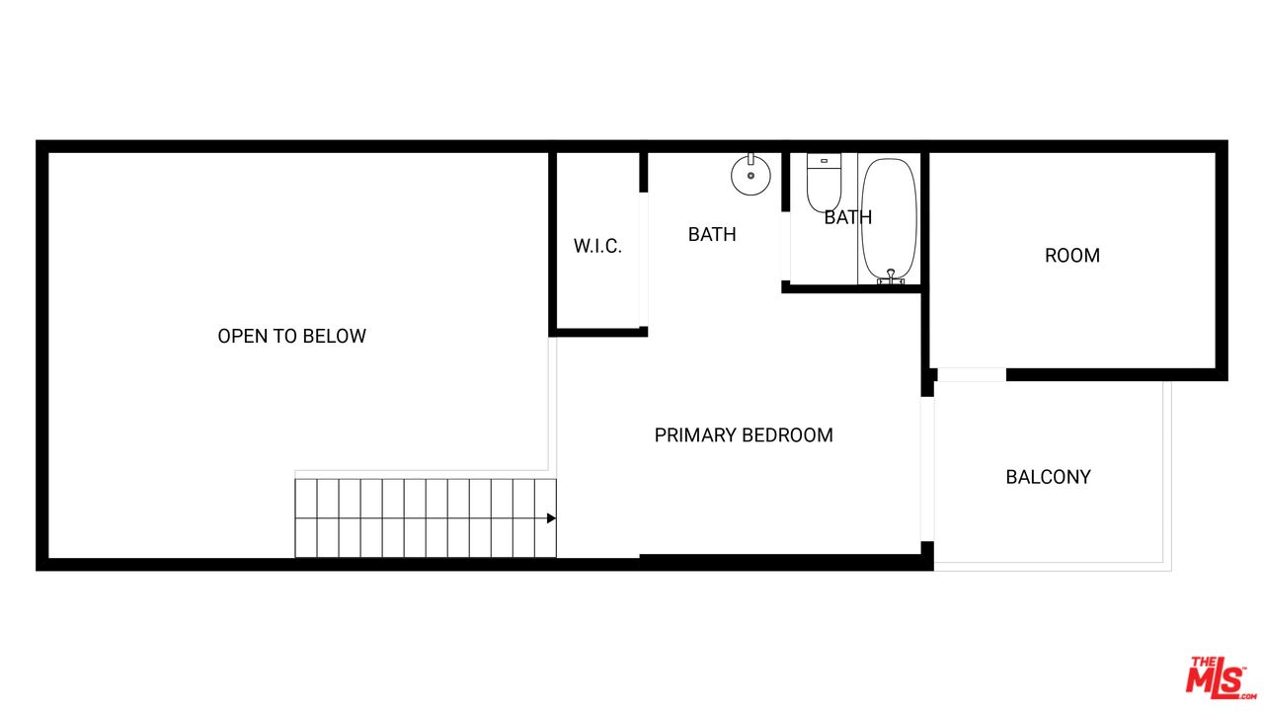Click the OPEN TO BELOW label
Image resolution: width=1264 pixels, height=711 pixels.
pyautogui.click(x=291, y=337)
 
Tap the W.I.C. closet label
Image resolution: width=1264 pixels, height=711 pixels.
pyautogui.click(x=597, y=246)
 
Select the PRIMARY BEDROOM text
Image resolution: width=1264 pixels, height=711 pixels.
pyautogui.click(x=744, y=435)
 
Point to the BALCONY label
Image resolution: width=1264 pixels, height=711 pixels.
pyautogui.click(x=1048, y=477)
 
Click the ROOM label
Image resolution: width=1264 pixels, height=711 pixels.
pyautogui.click(x=1072, y=256)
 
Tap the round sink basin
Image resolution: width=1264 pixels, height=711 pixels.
pyautogui.click(x=751, y=176)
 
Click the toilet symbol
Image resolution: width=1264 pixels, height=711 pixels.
pyautogui.click(x=824, y=183)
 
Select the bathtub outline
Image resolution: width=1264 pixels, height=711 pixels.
pyautogui.click(x=889, y=220)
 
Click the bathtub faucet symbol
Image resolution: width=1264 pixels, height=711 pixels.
pyautogui.click(x=891, y=277)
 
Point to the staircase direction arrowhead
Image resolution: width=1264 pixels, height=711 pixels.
pyautogui.click(x=551, y=518)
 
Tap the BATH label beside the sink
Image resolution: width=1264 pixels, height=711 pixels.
pyautogui.click(x=712, y=234)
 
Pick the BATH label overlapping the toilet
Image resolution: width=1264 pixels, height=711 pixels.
pyautogui.click(x=847, y=217)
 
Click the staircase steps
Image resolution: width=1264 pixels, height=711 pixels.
pyautogui.click(x=426, y=518)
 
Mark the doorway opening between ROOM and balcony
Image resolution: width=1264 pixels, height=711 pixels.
pyautogui.click(x=971, y=374)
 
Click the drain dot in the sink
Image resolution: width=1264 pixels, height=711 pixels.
pyautogui.click(x=751, y=176)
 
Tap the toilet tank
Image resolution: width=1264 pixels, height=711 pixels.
pyautogui.click(x=824, y=161)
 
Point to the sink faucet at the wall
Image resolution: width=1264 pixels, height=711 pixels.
pyautogui.click(x=751, y=159)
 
